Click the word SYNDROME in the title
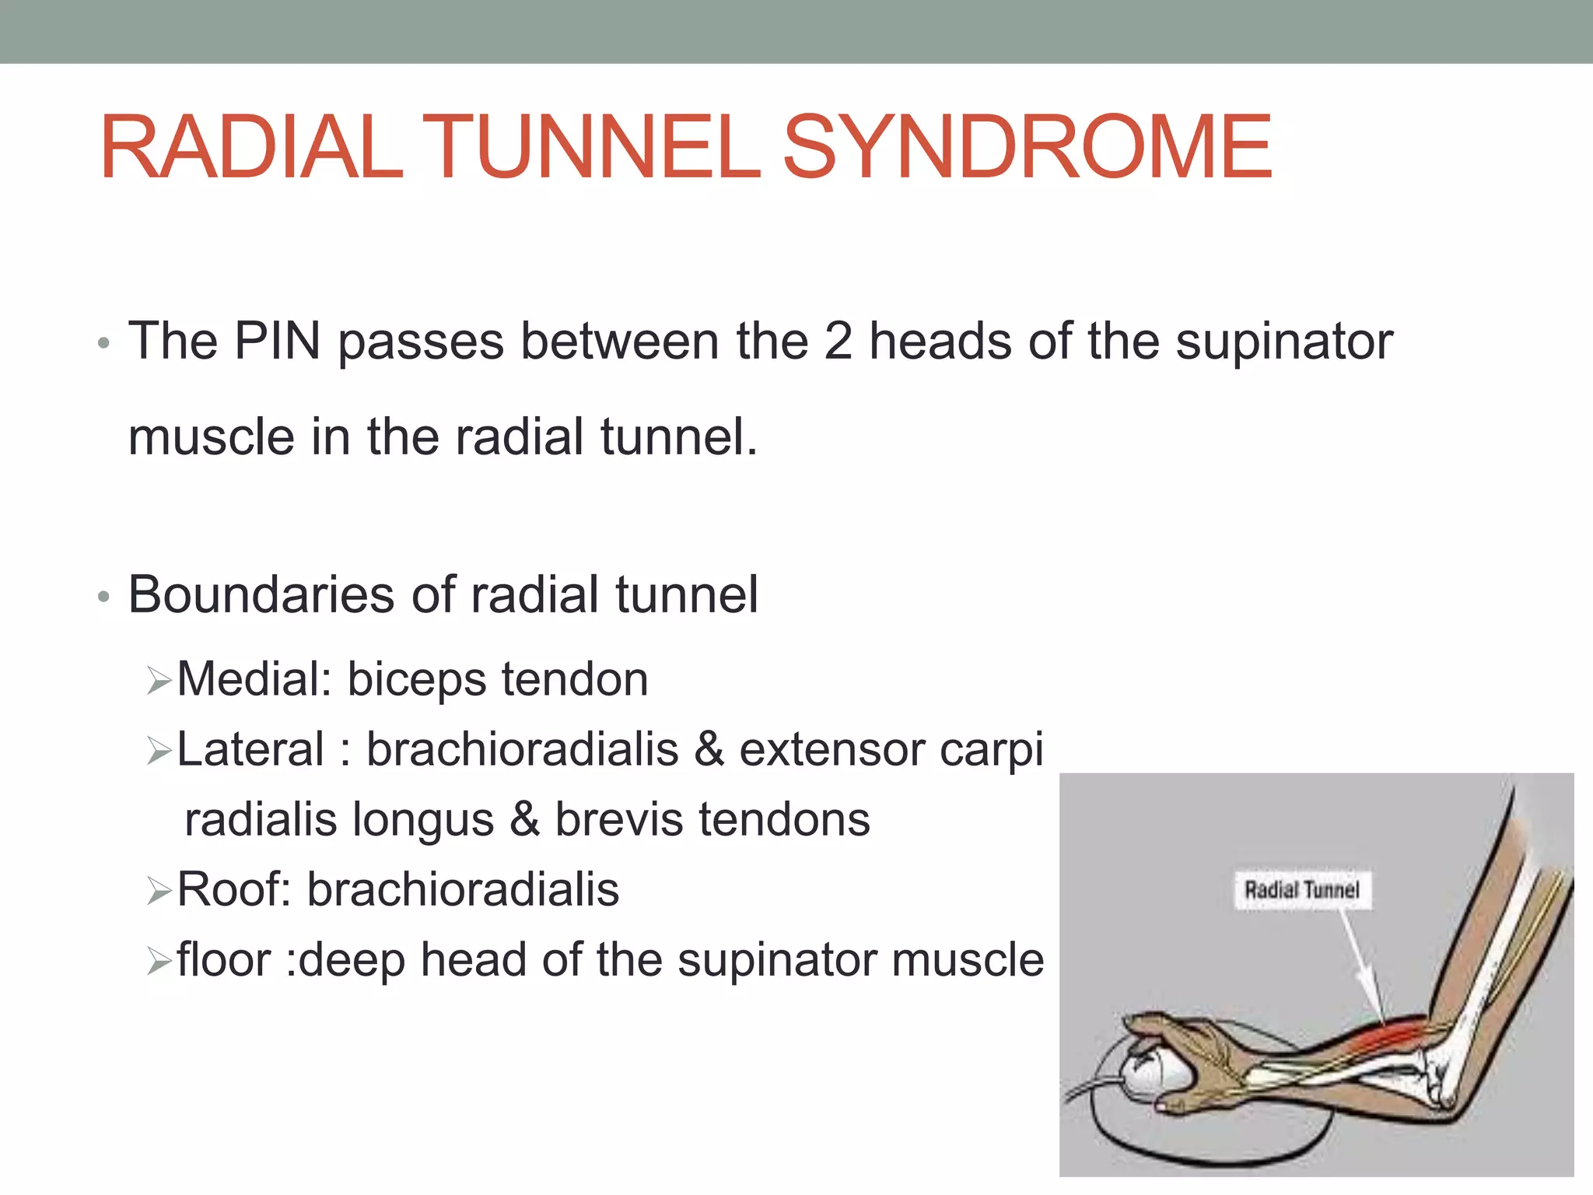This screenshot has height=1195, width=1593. tap(1027, 148)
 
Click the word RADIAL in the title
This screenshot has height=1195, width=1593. tap(250, 148)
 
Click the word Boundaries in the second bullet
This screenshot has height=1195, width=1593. tap(261, 595)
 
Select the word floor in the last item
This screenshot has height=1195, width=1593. tap(223, 959)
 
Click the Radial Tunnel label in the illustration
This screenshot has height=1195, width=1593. tap(1302, 890)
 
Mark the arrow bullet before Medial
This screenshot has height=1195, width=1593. tap(159, 682)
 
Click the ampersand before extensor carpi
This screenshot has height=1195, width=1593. tap(709, 749)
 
